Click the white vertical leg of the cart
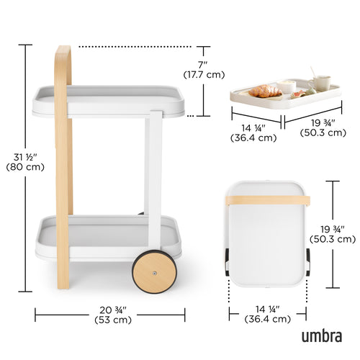(153, 180)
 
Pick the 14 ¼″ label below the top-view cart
(268, 308)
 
